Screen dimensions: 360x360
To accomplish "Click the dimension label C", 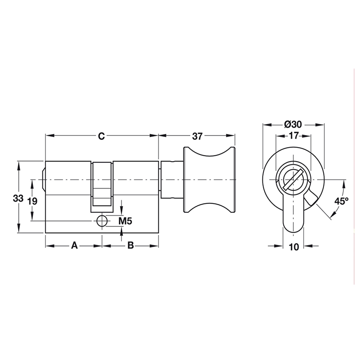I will point(102,136).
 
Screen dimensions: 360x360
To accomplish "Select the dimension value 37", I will point(198,136).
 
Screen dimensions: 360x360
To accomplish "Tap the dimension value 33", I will point(18,198).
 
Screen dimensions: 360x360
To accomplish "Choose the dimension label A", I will point(74,246).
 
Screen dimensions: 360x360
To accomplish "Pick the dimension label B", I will point(130,246).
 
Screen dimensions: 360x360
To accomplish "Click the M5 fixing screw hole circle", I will point(102,221).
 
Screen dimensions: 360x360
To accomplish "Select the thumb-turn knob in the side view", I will point(209,180).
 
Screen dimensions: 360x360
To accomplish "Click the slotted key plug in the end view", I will point(293,180).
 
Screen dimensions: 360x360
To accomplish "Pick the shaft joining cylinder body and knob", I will point(171,180).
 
